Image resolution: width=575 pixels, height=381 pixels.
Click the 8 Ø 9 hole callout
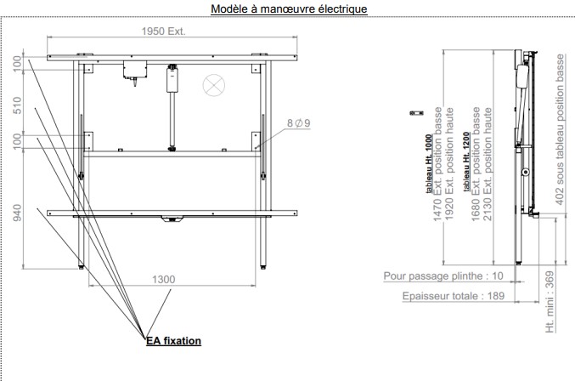pyautogui.click(x=298, y=123)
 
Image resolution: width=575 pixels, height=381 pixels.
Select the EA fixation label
pyautogui.click(x=173, y=341)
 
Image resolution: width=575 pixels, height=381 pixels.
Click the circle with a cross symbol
pyautogui.click(x=211, y=84)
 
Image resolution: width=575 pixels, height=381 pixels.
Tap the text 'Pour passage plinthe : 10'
pyautogui.click(x=443, y=276)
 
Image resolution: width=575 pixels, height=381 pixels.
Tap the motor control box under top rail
pyautogui.click(x=133, y=69)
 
